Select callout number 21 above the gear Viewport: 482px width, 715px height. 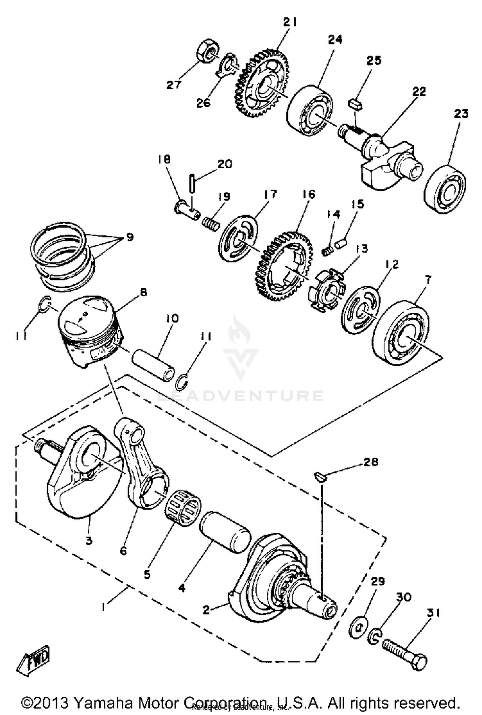pos(290,22)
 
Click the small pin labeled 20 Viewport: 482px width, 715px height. pos(192,183)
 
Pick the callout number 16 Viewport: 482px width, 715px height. pos(309,194)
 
